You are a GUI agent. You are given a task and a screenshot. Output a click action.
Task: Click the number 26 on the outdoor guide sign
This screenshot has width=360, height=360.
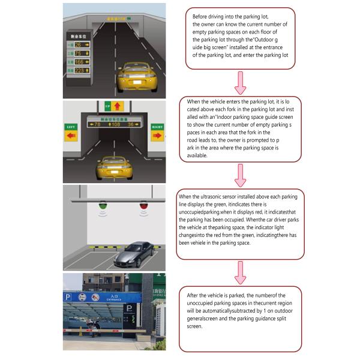[78, 45]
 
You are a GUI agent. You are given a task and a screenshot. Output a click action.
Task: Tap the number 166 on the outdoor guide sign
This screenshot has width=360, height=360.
[79, 62]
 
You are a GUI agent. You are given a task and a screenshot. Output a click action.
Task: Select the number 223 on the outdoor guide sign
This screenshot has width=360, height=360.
[79, 70]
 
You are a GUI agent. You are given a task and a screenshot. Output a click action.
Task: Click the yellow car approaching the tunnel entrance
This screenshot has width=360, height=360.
[136, 76]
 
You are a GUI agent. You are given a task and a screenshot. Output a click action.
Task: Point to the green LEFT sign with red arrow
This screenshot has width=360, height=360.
[71, 132]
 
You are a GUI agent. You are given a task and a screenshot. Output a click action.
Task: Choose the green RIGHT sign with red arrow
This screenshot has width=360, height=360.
[157, 131]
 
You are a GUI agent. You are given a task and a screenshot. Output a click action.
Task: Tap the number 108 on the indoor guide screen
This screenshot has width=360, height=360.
[115, 125]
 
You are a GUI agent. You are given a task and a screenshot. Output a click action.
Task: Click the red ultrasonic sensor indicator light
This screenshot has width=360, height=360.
[143, 209]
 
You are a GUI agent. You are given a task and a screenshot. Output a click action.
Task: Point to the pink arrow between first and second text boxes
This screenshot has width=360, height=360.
[240, 82]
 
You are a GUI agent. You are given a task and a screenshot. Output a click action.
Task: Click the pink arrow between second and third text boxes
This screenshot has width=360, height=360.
[240, 176]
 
